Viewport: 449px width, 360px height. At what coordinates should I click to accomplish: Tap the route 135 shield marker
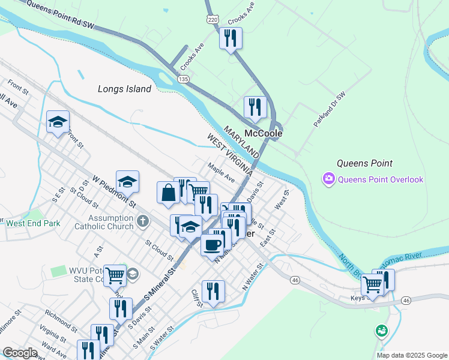(184, 79)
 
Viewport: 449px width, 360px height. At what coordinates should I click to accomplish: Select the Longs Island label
(125, 89)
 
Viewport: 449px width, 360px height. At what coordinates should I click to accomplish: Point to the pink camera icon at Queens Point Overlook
(328, 179)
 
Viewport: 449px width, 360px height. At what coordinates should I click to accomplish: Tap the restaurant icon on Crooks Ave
(231, 38)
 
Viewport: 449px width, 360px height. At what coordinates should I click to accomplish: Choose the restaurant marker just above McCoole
(255, 107)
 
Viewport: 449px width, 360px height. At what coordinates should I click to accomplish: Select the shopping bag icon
(168, 193)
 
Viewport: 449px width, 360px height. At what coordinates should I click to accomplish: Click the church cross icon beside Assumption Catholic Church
(142, 221)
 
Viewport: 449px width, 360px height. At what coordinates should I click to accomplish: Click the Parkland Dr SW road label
(330, 109)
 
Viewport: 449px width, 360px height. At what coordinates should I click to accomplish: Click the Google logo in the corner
(19, 353)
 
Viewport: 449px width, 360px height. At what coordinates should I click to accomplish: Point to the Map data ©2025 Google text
(411, 355)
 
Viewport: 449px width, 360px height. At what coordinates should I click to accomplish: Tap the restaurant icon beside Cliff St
(213, 292)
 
